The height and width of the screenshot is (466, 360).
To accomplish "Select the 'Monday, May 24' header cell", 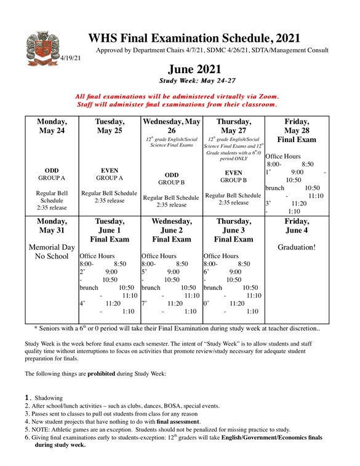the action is click(52, 127).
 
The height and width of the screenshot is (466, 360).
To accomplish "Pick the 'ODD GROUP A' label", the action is click(52, 175).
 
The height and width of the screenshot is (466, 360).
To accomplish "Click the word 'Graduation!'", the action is click(297, 247).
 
